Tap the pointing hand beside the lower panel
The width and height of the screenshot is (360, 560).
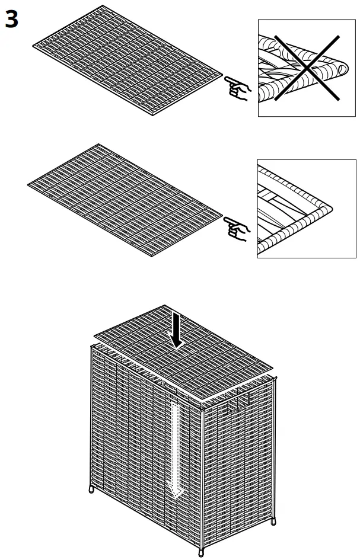tap(237, 228)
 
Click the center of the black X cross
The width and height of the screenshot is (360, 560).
tap(306, 68)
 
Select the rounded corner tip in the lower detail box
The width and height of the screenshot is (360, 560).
tap(328, 207)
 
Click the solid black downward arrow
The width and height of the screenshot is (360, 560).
tap(176, 332)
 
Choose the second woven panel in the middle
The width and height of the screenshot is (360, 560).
tap(125, 199)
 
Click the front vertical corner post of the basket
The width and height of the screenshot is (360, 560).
tap(202, 474)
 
